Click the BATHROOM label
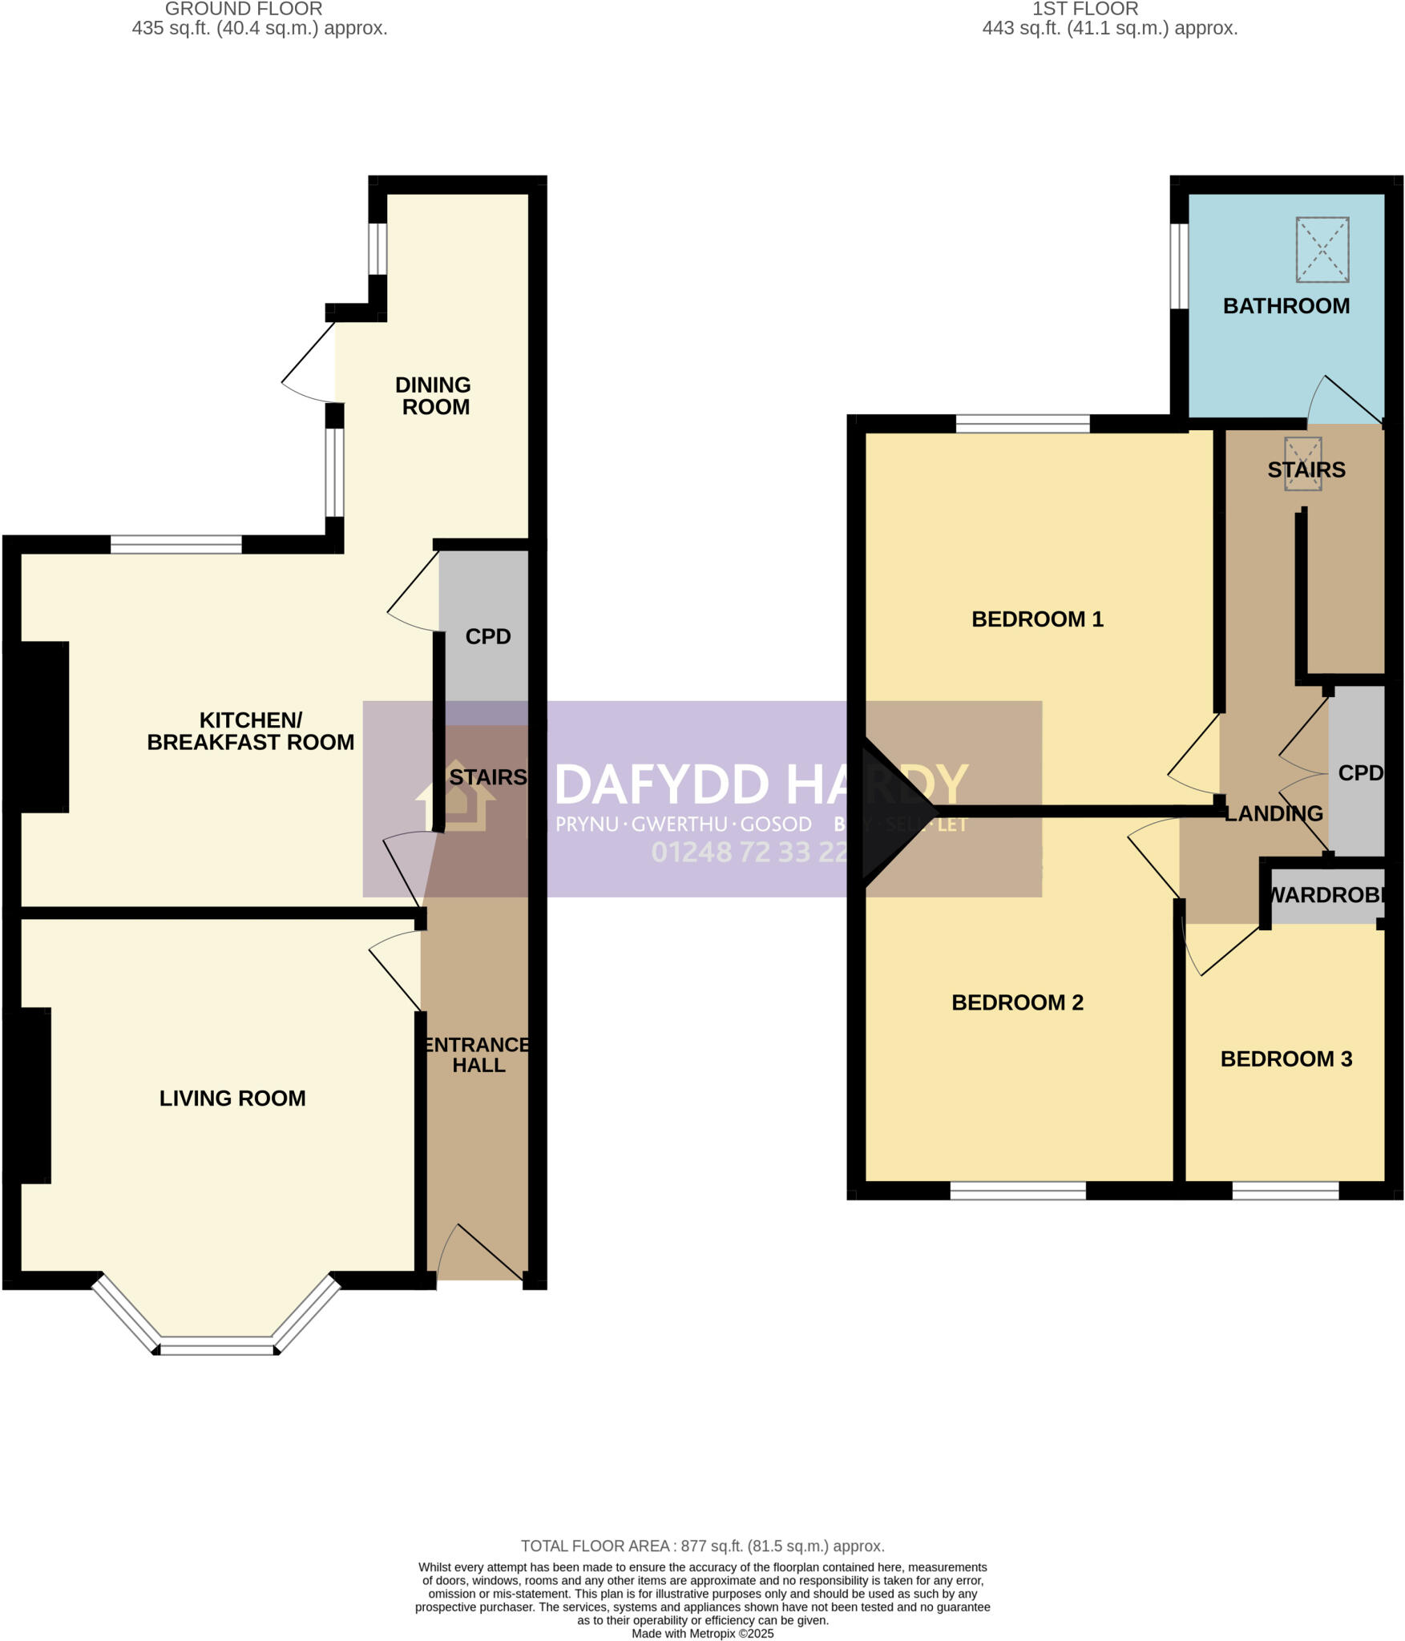pyautogui.click(x=1286, y=306)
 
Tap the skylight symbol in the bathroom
pyautogui.click(x=1322, y=249)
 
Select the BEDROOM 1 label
pyautogui.click(x=1037, y=619)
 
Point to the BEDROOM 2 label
pyautogui.click(x=1017, y=1002)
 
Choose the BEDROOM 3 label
pyautogui.click(x=1286, y=1058)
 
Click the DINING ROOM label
pyautogui.click(x=434, y=396)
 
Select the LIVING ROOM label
pyautogui.click(x=232, y=1098)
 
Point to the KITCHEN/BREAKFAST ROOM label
pyautogui.click(x=250, y=731)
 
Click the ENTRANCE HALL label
pyautogui.click(x=478, y=1054)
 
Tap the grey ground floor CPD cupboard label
pyautogui.click(x=487, y=636)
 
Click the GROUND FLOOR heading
pyautogui.click(x=244, y=10)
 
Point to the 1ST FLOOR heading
pyautogui.click(x=1084, y=10)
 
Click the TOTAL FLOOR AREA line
pyautogui.click(x=702, y=1546)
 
